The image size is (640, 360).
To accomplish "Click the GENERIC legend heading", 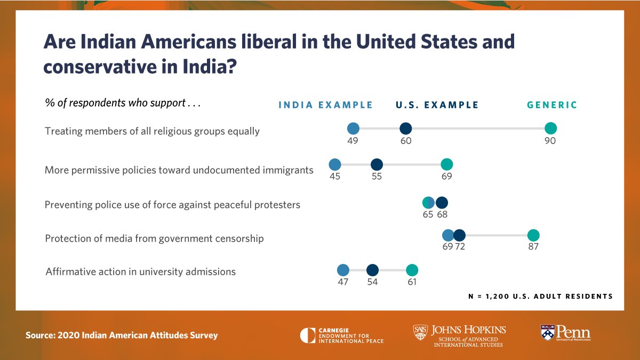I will point(552,105).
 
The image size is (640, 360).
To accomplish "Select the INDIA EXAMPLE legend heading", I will point(326,105).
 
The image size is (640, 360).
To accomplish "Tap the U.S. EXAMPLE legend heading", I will point(437,105).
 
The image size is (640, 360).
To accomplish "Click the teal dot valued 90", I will point(550,129).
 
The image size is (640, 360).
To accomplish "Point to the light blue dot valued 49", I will point(353,129).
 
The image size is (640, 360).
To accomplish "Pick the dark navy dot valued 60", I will point(405,129).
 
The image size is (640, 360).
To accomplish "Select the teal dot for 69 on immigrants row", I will point(447,164).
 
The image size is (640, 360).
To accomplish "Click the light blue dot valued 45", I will point(335,164).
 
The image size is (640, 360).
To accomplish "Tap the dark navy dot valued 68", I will point(442,203).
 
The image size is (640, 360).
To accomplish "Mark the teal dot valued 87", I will point(533,235).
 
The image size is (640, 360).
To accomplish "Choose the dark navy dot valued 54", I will point(372,270).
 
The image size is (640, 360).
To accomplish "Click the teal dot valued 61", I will point(412,270).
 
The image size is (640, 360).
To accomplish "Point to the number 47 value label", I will point(343,282).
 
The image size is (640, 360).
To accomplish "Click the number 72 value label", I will point(460,247).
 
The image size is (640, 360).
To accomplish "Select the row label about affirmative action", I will point(140,271).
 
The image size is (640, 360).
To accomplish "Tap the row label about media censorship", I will point(154,238).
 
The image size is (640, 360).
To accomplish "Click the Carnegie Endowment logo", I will point(341,335).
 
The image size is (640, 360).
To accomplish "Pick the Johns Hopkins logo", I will point(460,335).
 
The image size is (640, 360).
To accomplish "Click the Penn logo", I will point(565,333).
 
